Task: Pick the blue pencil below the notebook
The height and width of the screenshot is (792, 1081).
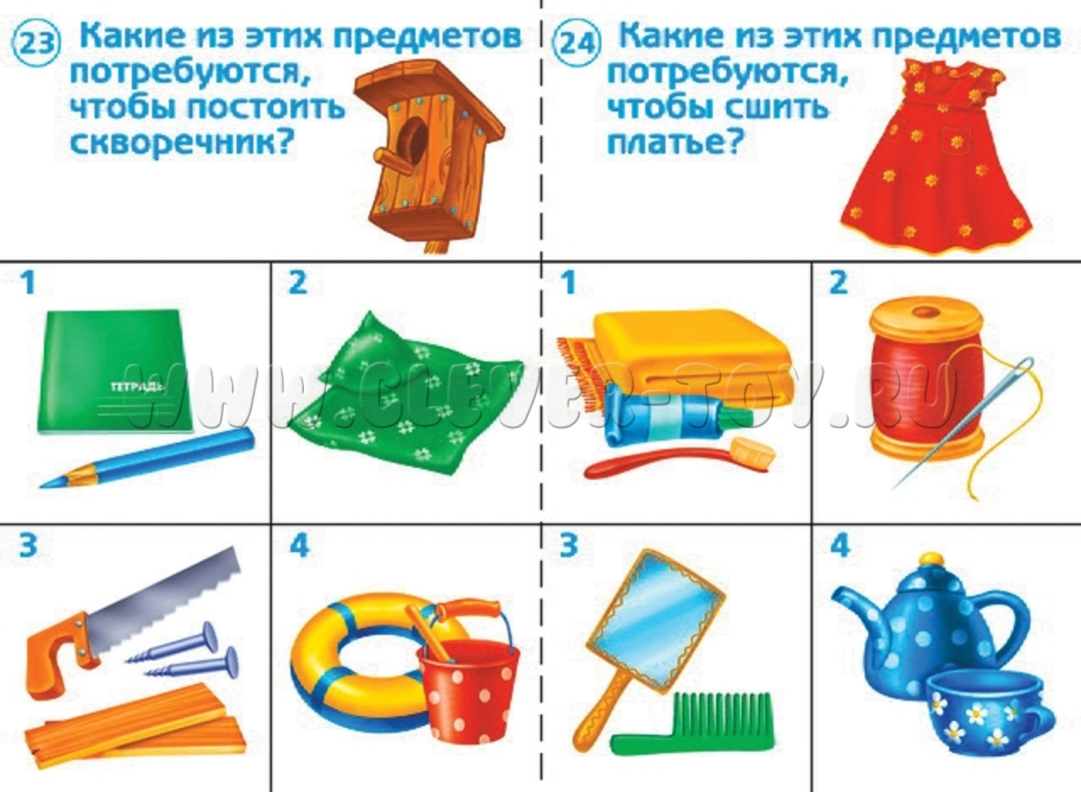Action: tap(148, 458)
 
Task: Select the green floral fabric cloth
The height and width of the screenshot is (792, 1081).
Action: tap(405, 395)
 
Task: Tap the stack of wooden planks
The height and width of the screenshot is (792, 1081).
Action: tap(135, 724)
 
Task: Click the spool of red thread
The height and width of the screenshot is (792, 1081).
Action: tap(927, 377)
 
